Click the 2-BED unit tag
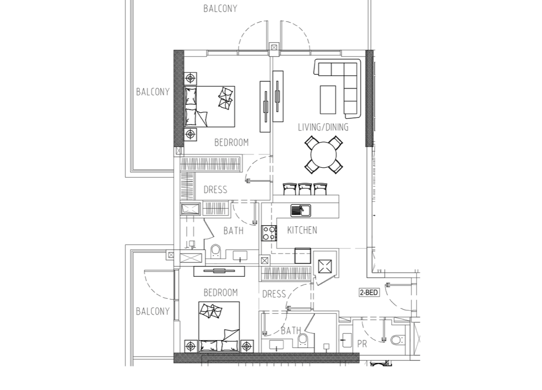pos(369,292)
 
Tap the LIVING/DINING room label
pos(323,127)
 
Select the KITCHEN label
pos(302,230)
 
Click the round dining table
pos(324,155)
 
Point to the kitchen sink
pos(301,210)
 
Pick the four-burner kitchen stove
pos(269,233)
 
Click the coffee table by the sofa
pos(328,100)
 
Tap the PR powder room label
pos(362,344)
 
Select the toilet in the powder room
pos(396,340)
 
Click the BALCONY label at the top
pos(220,8)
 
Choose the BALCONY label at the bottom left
pos(153,312)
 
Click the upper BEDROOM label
pos(231,142)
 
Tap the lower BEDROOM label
pos(221,293)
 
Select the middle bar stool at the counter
pos(305,189)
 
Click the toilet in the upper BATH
pos(216,251)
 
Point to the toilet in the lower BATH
pos(303,340)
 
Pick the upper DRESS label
pos(216,190)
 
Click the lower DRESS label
pos(274,294)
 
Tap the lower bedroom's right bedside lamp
pos(246,345)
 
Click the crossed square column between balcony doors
pos(274,47)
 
